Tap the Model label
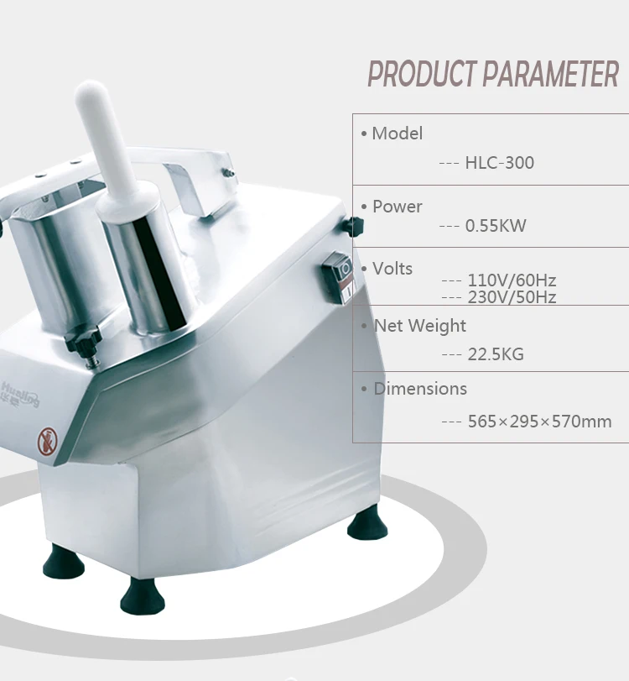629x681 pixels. point(397,133)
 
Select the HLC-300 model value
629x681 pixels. point(499,162)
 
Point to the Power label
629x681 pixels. point(397,206)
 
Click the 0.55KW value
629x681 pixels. point(495,225)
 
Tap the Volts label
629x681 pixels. point(392,269)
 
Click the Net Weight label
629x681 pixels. point(419,326)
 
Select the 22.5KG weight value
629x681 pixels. point(495,354)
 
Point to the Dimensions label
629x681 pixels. point(419,389)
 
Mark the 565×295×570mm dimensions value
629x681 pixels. point(538,421)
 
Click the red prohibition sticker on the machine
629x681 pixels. point(47,438)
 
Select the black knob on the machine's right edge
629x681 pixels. point(355,226)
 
